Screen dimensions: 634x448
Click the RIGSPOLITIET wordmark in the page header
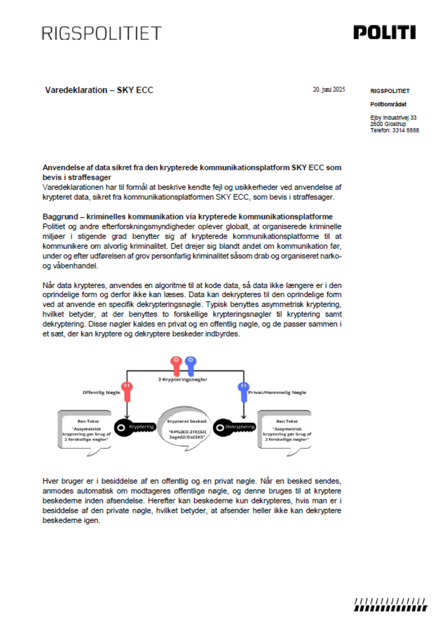pyautogui.click(x=101, y=33)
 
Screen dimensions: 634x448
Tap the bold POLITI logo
pyautogui.click(x=384, y=32)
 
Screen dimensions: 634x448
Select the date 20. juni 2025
pyautogui.click(x=328, y=90)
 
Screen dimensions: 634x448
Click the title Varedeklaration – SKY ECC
pyautogui.click(x=99, y=90)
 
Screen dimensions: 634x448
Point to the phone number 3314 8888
pyautogui.click(x=406, y=131)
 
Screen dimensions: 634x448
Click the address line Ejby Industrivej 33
pyautogui.click(x=393, y=118)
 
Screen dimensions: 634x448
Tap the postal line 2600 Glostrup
pyautogui.click(x=388, y=124)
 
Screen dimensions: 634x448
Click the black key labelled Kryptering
pyautogui.click(x=135, y=427)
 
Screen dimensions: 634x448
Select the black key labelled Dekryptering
pyautogui.click(x=234, y=427)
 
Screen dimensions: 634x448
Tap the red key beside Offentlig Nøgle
pyautogui.click(x=127, y=391)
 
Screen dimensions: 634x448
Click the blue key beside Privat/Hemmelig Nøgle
pyautogui.click(x=244, y=391)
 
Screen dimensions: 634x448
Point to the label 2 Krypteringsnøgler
pyautogui.click(x=183, y=380)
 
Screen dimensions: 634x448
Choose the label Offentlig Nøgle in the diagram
pyautogui.click(x=101, y=393)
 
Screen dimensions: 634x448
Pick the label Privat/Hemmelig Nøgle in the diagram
pyautogui.click(x=277, y=393)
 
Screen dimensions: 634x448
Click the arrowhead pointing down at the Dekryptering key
pyautogui.click(x=244, y=417)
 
